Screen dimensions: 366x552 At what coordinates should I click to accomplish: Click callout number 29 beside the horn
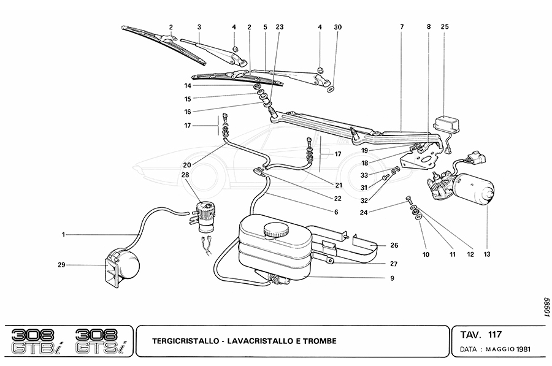point(61,265)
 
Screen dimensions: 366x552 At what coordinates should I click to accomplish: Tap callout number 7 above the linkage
point(401,27)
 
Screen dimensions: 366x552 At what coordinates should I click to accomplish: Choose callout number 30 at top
point(337,27)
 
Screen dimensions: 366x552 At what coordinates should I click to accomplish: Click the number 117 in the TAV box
point(495,335)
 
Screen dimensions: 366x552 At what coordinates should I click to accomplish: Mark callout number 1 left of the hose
point(63,234)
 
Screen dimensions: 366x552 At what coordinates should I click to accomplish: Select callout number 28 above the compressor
point(185,175)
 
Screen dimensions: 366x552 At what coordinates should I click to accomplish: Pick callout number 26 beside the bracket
point(394,245)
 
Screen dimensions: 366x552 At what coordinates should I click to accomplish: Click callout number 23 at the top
point(280,27)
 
